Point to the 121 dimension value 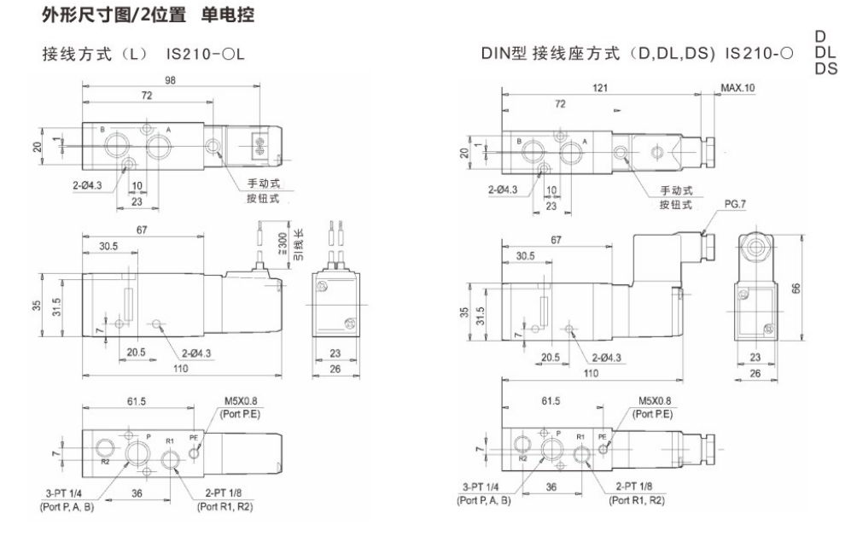603,87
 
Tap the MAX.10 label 737,87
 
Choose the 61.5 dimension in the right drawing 552,400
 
